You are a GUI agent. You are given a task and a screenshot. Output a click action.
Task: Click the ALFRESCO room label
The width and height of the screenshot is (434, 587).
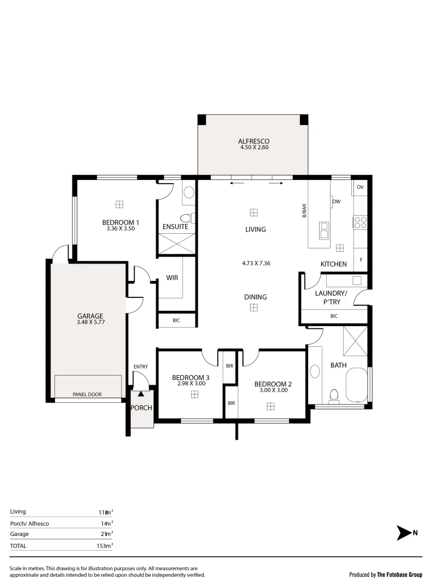pos(254,141)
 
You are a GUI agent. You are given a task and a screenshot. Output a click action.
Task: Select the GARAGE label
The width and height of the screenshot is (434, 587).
pos(90,316)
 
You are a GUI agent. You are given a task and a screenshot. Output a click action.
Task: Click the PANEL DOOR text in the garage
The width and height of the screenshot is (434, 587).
pos(87,395)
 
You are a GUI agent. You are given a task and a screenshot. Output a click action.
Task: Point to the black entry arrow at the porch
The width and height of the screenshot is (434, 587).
pos(141,394)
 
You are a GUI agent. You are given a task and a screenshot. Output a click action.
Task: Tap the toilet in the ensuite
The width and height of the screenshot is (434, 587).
pos(186,219)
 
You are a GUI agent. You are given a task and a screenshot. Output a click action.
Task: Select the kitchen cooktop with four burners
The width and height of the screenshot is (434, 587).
pos(360,222)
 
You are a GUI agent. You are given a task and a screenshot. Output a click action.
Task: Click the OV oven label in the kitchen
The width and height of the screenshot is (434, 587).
pos(359,187)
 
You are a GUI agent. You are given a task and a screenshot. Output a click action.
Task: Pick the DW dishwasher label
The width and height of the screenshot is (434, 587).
pos(337,202)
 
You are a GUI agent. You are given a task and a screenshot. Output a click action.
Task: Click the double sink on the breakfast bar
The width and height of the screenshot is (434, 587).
pos(323,230)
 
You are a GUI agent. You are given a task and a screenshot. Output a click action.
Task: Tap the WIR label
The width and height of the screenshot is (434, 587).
pos(172,278)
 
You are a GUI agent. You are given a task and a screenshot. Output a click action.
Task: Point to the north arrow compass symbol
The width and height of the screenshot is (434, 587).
pos(405,533)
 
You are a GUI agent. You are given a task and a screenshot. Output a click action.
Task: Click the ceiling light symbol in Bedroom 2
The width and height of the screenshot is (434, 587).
pos(270,405)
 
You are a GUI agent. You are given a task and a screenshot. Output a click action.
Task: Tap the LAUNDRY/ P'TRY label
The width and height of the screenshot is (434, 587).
pos(331,297)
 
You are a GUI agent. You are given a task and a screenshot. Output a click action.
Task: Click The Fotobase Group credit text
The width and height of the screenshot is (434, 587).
pos(400,574)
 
